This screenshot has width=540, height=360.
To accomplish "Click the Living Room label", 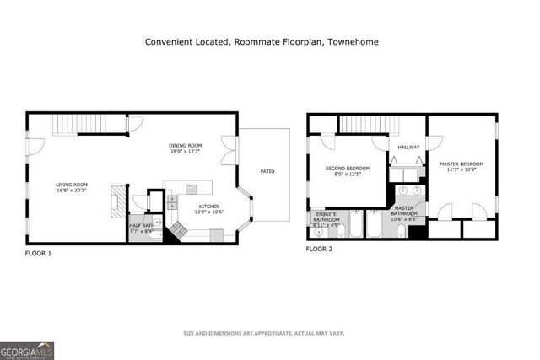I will click(x=72, y=185).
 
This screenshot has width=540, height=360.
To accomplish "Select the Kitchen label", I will click(x=209, y=206).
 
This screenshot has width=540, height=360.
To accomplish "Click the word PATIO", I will click(x=267, y=172).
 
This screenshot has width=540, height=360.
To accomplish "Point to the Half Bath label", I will click(x=140, y=225).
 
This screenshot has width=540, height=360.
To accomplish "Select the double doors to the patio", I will click(x=229, y=150).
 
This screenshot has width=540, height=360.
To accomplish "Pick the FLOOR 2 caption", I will click(x=319, y=250).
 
